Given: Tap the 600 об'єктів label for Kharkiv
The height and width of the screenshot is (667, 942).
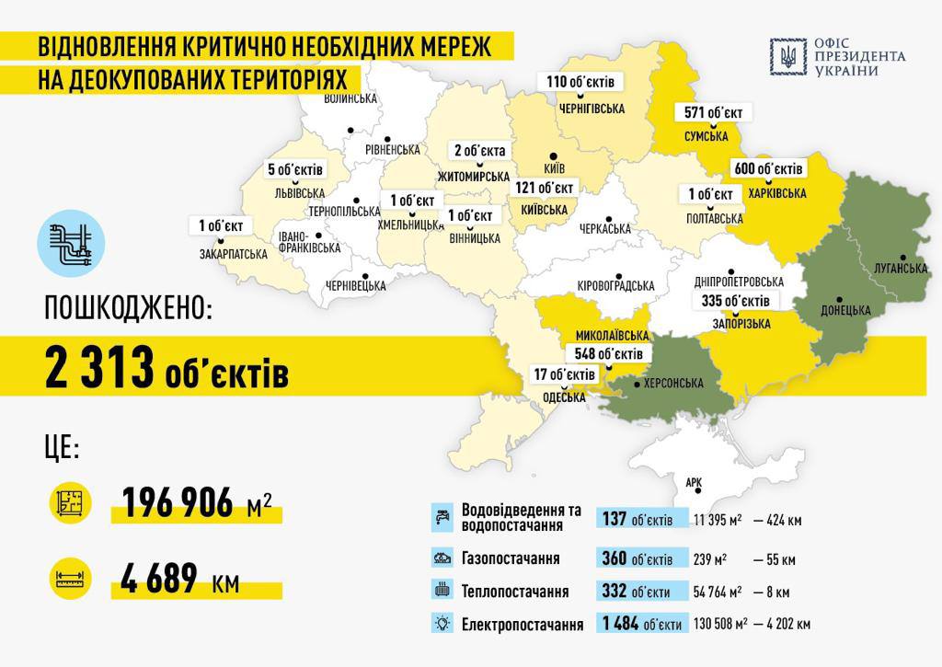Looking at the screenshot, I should (x=768, y=169).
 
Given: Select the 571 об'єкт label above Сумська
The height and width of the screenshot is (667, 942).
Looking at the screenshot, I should (x=714, y=113).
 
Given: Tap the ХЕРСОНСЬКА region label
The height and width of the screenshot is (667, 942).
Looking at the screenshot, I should (x=673, y=383).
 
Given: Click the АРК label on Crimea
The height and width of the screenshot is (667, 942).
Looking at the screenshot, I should (x=694, y=481).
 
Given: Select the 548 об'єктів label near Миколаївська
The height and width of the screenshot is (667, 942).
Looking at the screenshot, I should (x=607, y=353).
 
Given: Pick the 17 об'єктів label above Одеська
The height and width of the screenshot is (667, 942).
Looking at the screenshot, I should (x=565, y=374).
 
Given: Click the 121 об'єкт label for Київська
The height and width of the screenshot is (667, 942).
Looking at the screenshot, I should (x=545, y=188).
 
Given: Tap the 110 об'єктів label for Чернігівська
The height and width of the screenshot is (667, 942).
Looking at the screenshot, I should (x=580, y=82).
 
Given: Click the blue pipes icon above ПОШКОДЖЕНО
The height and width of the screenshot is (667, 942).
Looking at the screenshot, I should (x=71, y=243).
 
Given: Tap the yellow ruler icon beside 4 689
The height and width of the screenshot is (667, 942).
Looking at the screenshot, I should (x=71, y=579).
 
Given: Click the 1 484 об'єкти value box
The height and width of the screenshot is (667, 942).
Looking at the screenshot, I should (x=642, y=624).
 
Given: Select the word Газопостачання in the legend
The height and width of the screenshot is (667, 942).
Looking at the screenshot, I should (x=511, y=558).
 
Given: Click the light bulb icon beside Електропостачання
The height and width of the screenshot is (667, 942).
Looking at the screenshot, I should (x=442, y=623).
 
